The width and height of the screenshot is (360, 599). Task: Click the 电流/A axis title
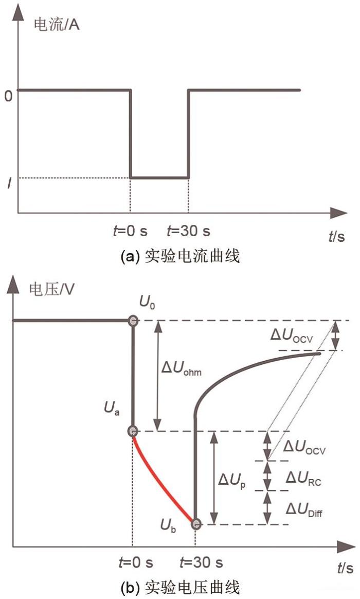(57, 25)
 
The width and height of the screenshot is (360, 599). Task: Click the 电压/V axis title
(52, 290)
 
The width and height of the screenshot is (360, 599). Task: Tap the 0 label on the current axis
(8, 96)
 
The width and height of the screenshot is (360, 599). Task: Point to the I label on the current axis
(9, 184)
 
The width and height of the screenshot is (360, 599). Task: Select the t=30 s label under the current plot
(189, 231)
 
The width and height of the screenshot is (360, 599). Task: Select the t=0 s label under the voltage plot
(136, 562)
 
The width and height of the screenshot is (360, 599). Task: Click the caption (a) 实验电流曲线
(180, 256)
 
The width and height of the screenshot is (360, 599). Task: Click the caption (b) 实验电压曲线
(180, 587)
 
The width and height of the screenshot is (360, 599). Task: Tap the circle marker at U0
(133, 321)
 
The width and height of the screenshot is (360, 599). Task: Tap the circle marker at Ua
(133, 431)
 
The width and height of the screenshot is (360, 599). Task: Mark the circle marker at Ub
(196, 524)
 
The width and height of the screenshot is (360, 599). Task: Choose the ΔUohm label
(182, 368)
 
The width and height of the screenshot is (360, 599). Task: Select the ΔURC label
(304, 478)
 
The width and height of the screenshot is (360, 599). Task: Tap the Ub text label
(168, 526)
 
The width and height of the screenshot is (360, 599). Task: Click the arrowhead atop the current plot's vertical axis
(18, 13)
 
